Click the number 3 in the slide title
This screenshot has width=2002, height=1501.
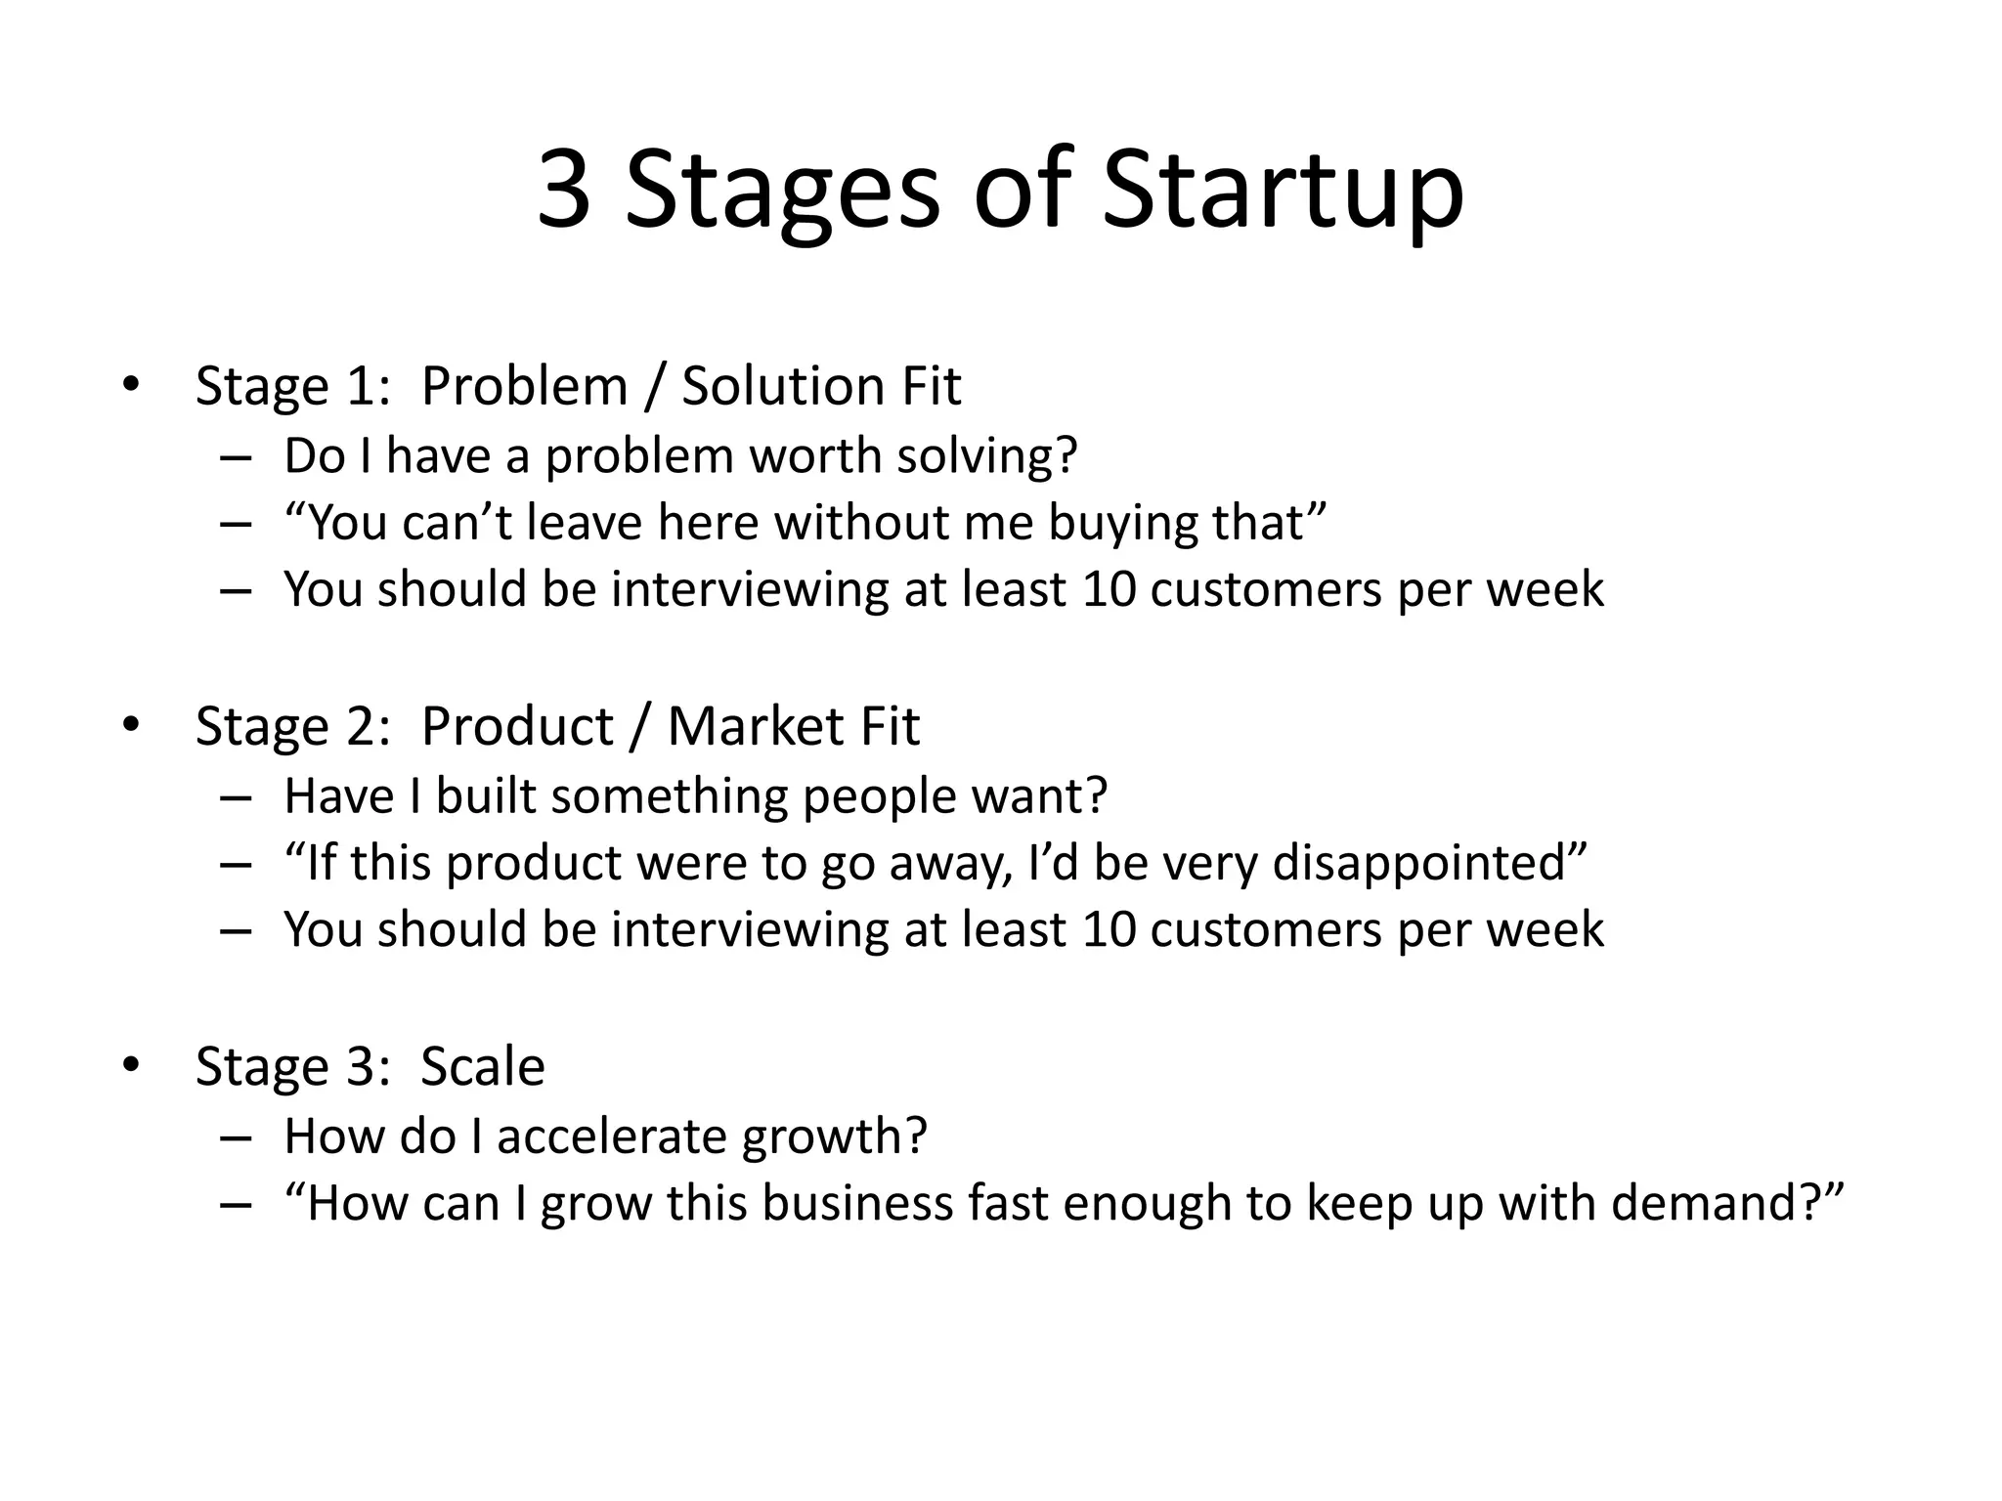point(565,190)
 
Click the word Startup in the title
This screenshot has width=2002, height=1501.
point(1283,190)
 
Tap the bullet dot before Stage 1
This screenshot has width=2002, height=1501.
point(131,385)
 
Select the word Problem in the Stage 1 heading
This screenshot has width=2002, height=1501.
point(524,385)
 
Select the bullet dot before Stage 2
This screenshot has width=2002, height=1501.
point(131,725)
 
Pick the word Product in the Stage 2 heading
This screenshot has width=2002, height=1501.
point(517,726)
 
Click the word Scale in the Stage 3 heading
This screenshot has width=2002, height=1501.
point(482,1066)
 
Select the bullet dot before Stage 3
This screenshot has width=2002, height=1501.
point(131,1065)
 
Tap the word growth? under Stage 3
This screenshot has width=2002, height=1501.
point(833,1136)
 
